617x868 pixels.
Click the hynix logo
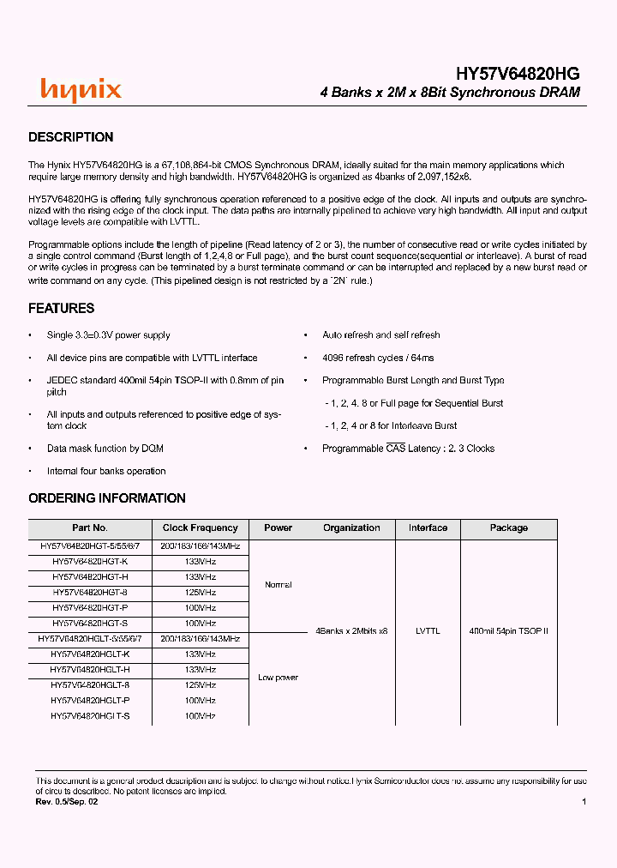click(x=81, y=90)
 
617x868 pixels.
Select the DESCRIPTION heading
click(x=71, y=137)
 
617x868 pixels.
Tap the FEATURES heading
click(x=62, y=309)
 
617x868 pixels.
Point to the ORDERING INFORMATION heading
click(x=107, y=498)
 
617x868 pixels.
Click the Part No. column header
click(x=90, y=528)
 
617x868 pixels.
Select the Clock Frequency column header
click(x=200, y=528)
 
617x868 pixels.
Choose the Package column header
click(x=509, y=528)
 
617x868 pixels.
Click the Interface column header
click(x=428, y=528)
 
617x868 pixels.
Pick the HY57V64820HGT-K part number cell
click(x=90, y=561)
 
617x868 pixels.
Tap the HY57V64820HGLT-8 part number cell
click(x=90, y=685)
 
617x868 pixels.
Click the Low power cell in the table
click(x=279, y=678)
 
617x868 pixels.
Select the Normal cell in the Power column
click(x=279, y=585)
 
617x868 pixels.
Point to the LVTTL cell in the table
click(x=428, y=631)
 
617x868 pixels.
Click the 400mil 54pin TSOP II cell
click(x=509, y=631)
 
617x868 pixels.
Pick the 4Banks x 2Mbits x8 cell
click(x=351, y=631)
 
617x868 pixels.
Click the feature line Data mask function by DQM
click(x=105, y=449)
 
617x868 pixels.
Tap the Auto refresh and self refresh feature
click(x=381, y=335)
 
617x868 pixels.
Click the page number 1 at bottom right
click(x=584, y=801)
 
